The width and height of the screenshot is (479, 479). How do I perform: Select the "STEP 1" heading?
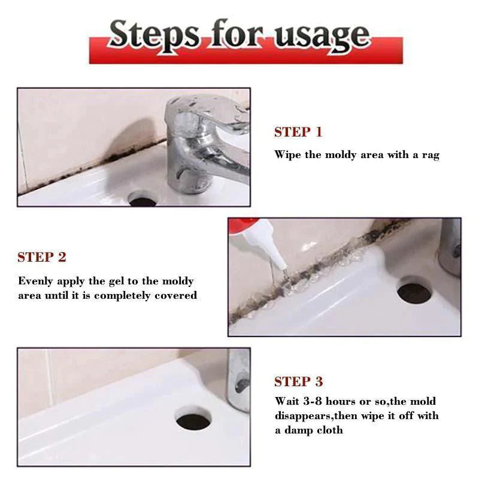point(298,132)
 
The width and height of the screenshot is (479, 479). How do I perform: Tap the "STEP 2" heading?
point(42,257)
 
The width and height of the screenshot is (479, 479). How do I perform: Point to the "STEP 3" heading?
point(298,382)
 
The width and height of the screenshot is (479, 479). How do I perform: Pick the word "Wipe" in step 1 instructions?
point(288,154)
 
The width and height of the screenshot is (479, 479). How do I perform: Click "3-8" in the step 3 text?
point(314,401)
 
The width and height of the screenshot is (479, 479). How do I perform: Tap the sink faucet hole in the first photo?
point(143,199)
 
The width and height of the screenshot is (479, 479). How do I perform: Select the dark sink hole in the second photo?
point(414,292)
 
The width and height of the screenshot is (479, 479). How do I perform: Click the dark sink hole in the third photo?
point(193,419)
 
